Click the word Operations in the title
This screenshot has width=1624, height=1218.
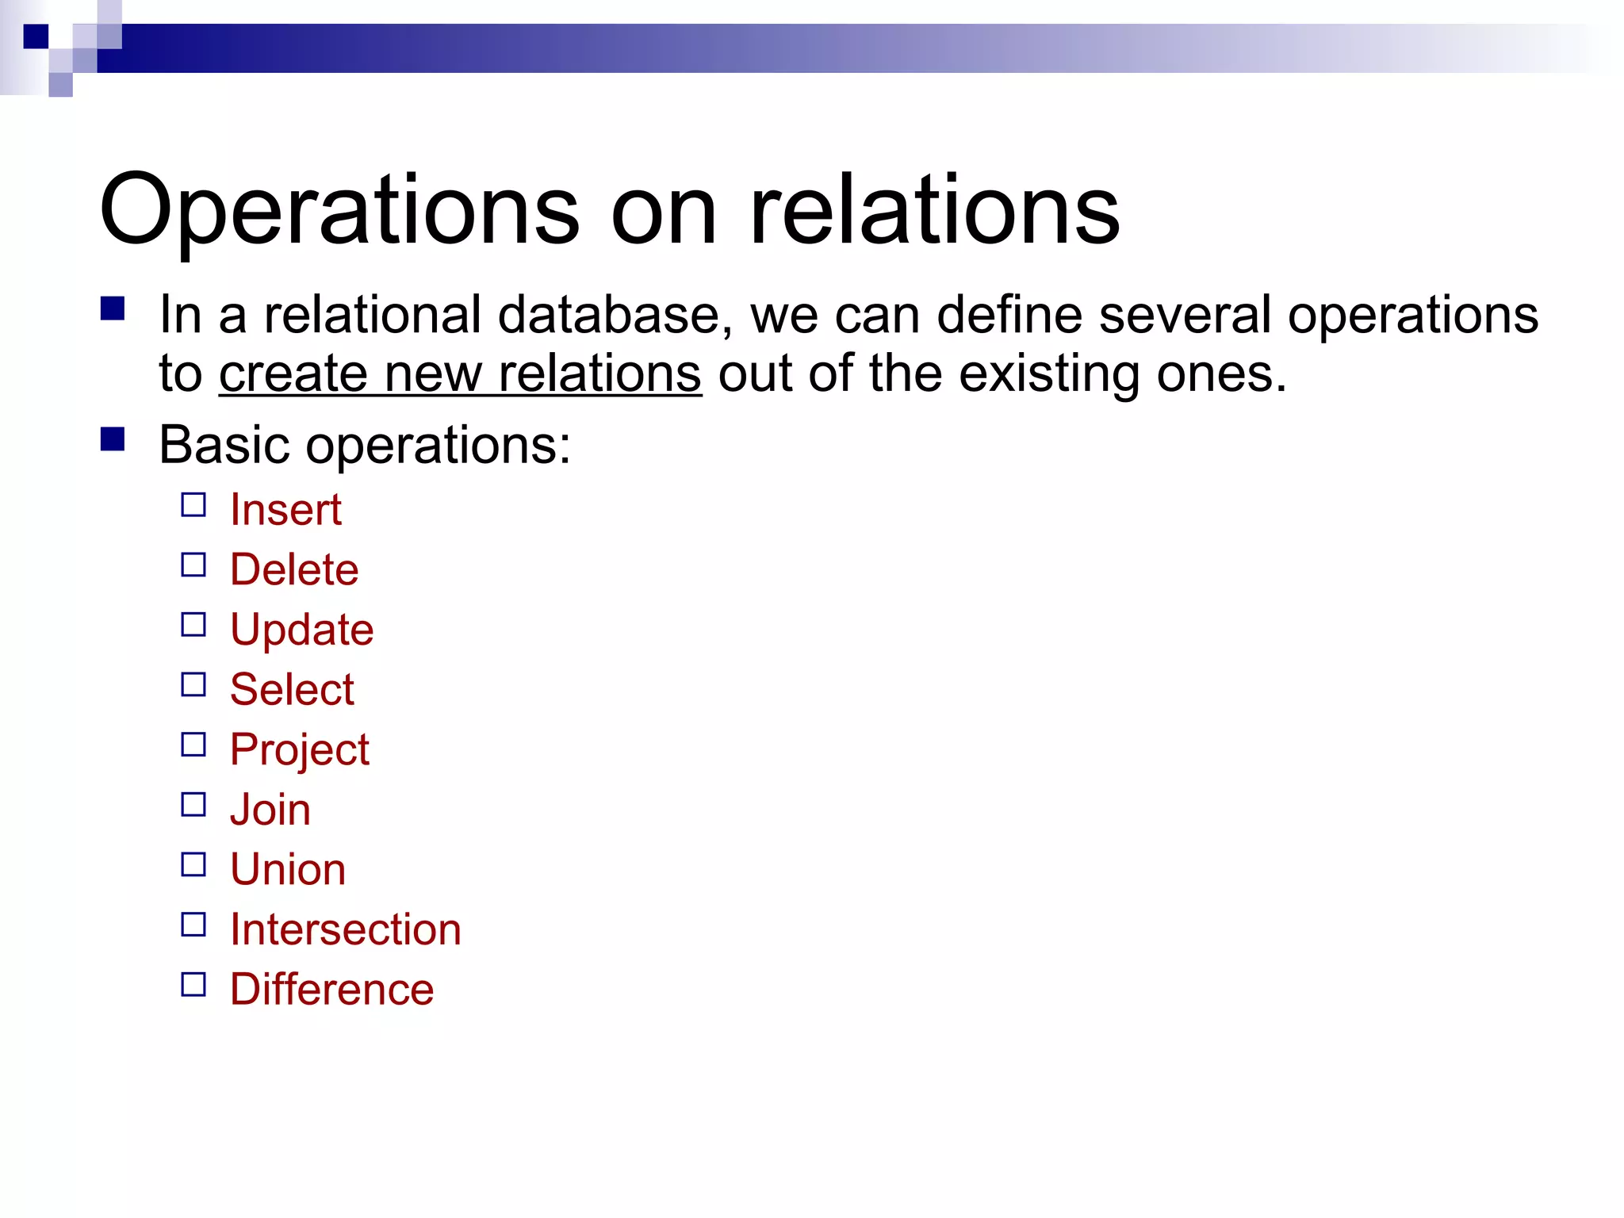pos(339,210)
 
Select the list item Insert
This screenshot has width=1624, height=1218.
pos(285,509)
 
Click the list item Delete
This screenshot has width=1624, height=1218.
pos(294,569)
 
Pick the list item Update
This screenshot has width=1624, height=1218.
pos(301,630)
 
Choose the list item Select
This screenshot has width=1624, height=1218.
pos(292,689)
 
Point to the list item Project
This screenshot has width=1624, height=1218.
pos(299,749)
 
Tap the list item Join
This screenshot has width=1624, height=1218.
pos(270,810)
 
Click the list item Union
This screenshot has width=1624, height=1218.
pos(288,869)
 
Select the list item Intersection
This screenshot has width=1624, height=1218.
pos(346,929)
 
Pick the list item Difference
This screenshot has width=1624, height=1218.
pos(332,990)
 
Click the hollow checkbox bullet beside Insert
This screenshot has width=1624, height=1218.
pos(193,505)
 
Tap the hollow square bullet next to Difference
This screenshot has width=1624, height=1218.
pos(193,985)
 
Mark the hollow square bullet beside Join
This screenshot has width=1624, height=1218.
pos(193,805)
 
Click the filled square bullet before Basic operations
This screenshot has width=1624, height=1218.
pos(113,439)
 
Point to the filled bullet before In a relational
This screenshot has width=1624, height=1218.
pos(113,308)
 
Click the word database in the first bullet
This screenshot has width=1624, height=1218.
pos(609,315)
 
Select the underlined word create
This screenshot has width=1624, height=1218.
pos(293,373)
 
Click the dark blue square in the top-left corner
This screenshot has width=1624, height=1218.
pos(36,36)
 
